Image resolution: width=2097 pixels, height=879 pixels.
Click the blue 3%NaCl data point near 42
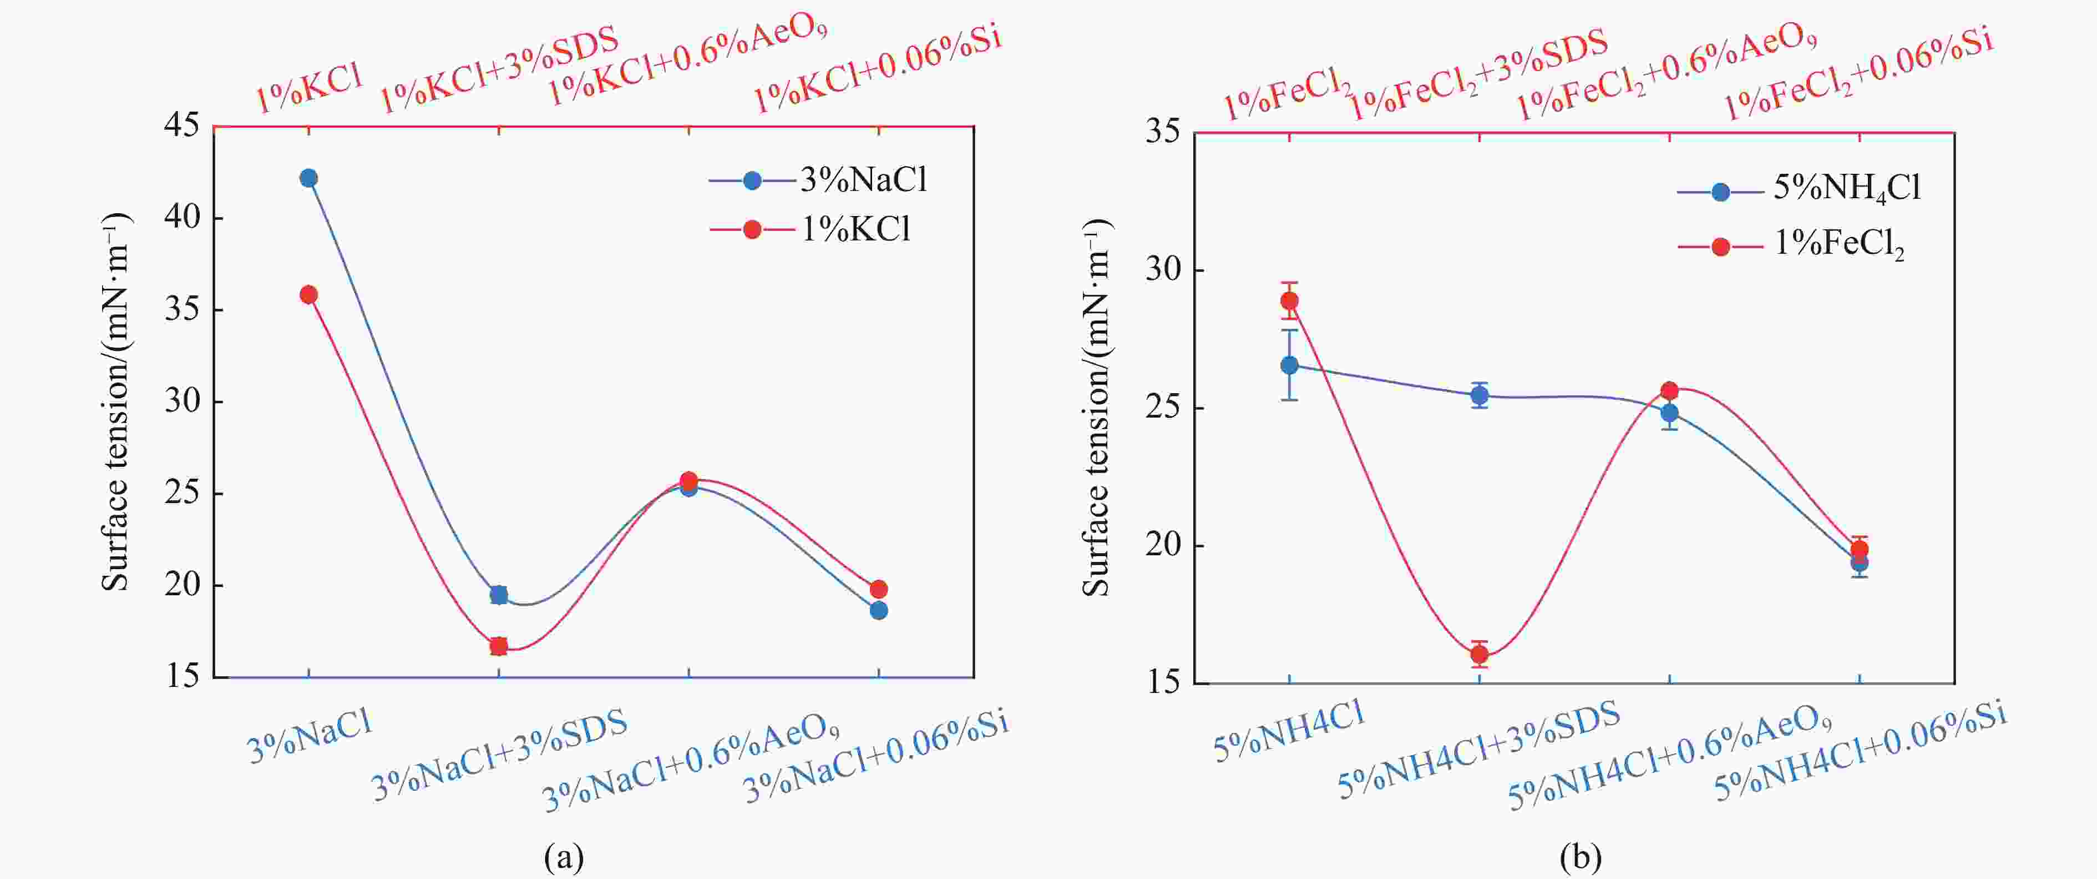[308, 178]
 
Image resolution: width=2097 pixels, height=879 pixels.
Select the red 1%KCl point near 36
[308, 294]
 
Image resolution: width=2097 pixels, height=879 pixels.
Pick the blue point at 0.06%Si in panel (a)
[878, 610]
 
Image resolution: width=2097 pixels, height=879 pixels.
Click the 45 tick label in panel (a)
[181, 126]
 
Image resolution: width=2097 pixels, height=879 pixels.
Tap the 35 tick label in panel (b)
[1162, 133]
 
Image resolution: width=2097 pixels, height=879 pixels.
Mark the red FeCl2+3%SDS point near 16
[1479, 654]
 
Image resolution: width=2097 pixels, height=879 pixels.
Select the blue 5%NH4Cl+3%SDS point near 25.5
[1479, 396]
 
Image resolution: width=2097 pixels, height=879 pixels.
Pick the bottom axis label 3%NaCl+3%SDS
[499, 756]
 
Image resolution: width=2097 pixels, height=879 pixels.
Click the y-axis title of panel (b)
[1097, 408]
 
